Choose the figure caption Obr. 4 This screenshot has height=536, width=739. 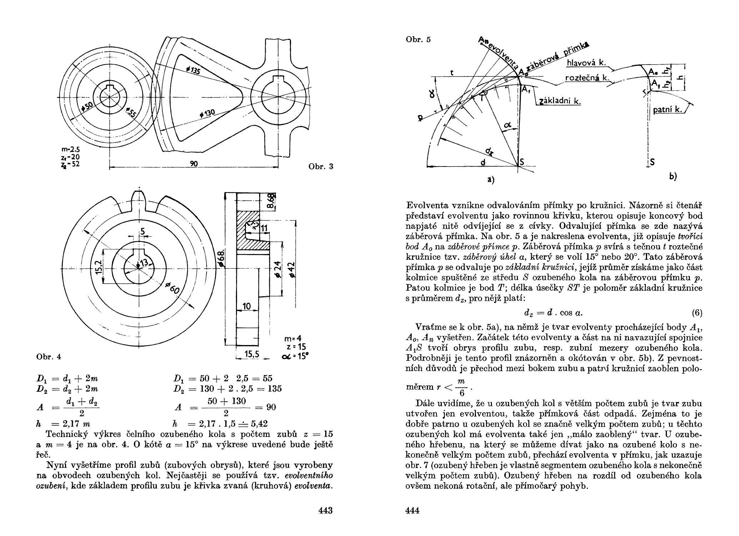(x=49, y=356)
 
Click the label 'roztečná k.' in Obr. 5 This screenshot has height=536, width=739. (x=586, y=78)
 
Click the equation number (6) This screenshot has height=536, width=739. (x=697, y=313)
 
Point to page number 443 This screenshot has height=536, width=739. (x=325, y=510)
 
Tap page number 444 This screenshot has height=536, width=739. (x=413, y=510)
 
